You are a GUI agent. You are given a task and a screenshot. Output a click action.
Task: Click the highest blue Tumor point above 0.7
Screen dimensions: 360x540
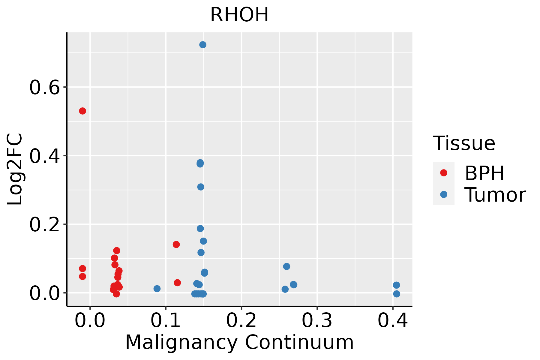(203, 45)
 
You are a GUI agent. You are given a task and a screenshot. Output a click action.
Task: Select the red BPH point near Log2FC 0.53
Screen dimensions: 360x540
(82, 111)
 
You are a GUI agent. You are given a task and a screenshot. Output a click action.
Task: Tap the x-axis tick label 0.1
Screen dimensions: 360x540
(166, 320)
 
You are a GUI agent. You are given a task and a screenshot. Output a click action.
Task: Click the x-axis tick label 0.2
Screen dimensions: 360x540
(241, 320)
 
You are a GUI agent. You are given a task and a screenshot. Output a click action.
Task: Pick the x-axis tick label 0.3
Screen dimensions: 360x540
(317, 320)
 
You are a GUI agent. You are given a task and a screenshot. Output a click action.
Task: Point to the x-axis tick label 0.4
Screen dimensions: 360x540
(392, 320)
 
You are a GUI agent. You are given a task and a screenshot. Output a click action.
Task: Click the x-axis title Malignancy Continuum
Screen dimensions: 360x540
(239, 342)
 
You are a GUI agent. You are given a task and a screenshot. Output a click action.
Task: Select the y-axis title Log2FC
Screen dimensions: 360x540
(15, 169)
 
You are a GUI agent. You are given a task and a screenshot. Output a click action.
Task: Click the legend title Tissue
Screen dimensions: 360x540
(464, 143)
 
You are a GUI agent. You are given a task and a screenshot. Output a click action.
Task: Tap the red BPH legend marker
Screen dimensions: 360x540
(443, 173)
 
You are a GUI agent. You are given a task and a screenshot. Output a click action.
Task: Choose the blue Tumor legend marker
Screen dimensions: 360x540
(443, 194)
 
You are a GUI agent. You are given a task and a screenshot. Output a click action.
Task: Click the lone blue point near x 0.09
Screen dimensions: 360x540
(157, 289)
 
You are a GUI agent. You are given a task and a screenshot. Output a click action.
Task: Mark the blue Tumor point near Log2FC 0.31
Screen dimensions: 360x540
(201, 187)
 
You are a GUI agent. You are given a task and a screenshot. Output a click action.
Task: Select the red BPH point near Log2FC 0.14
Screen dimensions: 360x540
(176, 244)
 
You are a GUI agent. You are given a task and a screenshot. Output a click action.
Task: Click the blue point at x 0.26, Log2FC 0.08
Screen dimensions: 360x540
(286, 266)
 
